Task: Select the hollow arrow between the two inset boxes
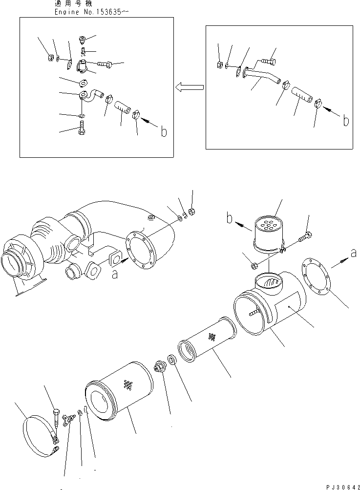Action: tap(189, 87)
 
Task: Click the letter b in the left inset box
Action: tap(164, 131)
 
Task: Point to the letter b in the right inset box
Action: tap(346, 120)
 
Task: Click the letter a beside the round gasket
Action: tap(353, 253)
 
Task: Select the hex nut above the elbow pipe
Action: tap(192, 212)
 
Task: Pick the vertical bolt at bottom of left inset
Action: tap(82, 128)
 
